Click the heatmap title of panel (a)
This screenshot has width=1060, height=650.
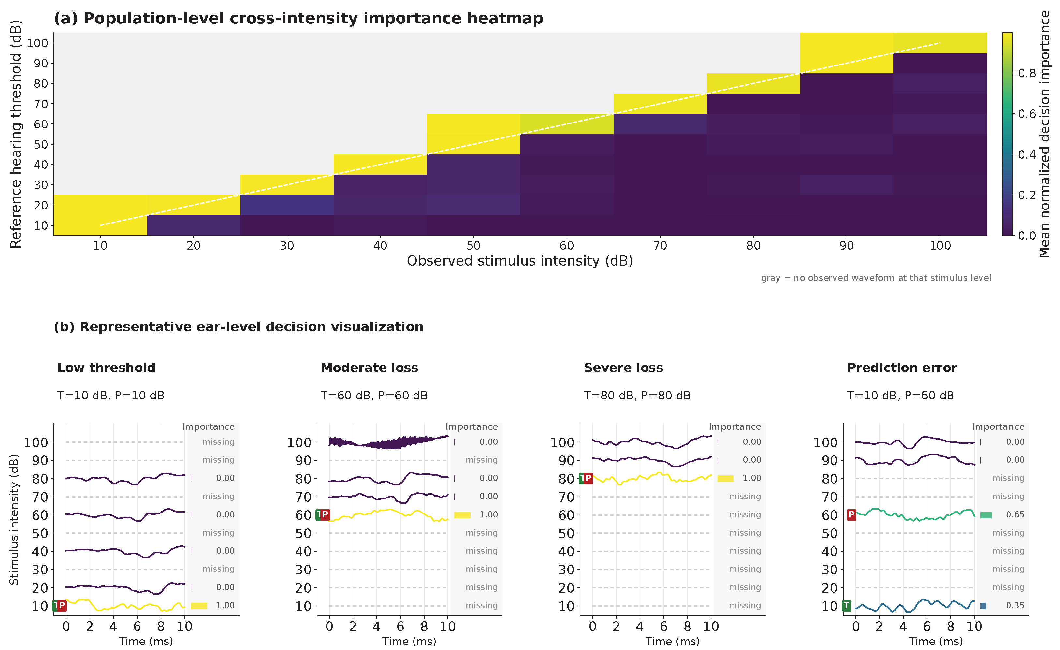click(x=298, y=19)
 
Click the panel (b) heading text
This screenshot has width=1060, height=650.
click(x=238, y=327)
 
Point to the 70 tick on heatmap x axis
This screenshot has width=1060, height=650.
click(x=660, y=246)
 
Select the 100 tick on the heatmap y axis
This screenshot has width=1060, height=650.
click(x=37, y=43)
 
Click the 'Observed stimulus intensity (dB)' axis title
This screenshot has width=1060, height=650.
click(x=520, y=261)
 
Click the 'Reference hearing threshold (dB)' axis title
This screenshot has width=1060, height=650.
click(x=16, y=134)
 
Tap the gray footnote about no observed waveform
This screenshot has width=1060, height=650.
click(x=876, y=278)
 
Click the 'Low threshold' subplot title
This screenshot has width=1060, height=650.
click(x=106, y=368)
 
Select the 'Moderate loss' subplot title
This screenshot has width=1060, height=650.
click(x=369, y=368)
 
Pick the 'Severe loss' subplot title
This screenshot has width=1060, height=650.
click(x=623, y=368)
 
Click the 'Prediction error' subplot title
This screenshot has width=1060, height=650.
click(x=902, y=368)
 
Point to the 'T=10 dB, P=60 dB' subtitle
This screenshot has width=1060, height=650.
click(x=900, y=395)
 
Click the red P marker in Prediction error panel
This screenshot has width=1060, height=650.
click(x=851, y=515)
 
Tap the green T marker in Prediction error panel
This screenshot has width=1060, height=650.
click(x=846, y=606)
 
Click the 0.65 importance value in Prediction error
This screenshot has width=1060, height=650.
click(x=1015, y=514)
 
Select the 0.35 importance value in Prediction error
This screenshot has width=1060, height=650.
click(x=1015, y=605)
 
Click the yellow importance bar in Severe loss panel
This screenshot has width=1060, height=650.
click(x=725, y=478)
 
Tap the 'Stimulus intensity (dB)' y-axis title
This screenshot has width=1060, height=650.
click(x=14, y=519)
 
